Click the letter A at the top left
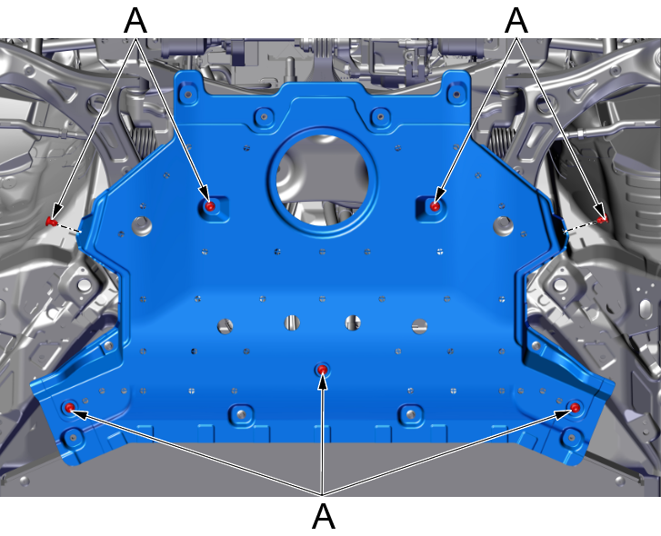(x=135, y=20)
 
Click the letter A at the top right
(x=516, y=20)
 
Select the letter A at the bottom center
(x=324, y=516)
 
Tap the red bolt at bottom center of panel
(x=323, y=370)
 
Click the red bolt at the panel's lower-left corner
(x=70, y=407)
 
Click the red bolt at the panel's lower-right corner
(x=575, y=407)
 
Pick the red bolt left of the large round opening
(x=210, y=206)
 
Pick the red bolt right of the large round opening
(x=435, y=206)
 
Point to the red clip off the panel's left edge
(x=52, y=221)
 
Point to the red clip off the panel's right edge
(x=603, y=219)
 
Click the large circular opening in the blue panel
(x=323, y=180)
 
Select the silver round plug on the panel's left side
(x=142, y=226)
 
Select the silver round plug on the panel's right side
(x=504, y=226)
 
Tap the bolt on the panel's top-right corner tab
(x=456, y=94)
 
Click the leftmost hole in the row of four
(x=225, y=325)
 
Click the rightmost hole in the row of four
(x=419, y=325)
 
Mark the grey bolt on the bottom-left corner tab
(x=73, y=437)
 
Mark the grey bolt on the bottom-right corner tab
(x=572, y=437)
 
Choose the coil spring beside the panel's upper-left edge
(x=141, y=141)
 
